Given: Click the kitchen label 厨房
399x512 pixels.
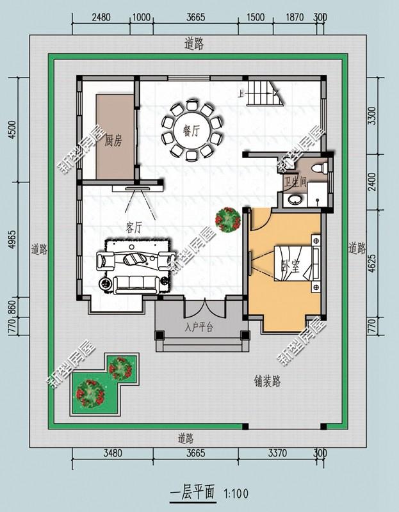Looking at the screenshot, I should tap(113, 141).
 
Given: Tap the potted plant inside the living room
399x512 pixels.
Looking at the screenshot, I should tap(227, 220).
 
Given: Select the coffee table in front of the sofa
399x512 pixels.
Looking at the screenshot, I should tap(136, 259).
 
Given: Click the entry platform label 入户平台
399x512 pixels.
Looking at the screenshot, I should tap(199, 327).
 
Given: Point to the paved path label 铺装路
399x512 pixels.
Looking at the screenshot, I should tap(266, 382).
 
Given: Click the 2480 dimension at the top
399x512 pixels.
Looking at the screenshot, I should tap(101, 18).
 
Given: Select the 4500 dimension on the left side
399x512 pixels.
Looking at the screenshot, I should tap(12, 130).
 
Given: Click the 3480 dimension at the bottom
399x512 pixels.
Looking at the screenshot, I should tap(112, 453).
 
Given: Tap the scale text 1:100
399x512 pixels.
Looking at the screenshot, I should tap(236, 493).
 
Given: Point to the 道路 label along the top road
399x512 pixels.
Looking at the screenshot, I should tap(194, 44).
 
